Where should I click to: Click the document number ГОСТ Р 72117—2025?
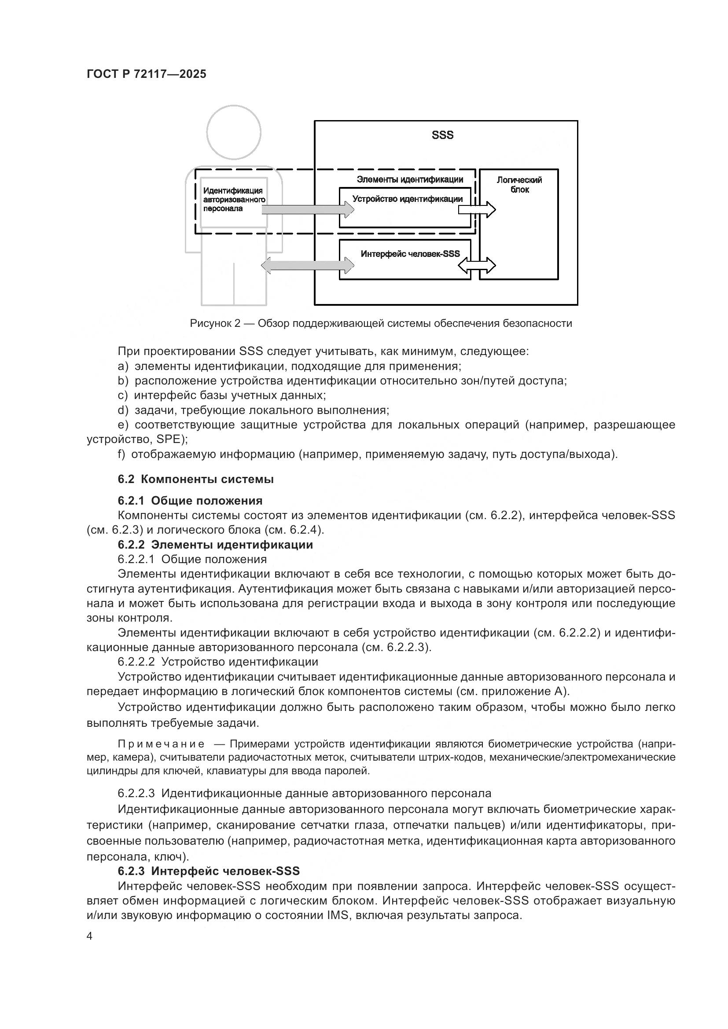point(146,74)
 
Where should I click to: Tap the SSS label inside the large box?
point(442,135)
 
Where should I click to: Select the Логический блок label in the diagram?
point(519,185)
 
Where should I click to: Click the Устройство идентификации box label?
point(407,199)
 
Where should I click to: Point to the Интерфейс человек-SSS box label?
point(410,254)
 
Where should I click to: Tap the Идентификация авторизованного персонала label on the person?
point(234,199)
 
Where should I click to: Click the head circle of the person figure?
point(234,132)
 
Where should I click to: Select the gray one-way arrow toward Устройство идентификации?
point(307,209)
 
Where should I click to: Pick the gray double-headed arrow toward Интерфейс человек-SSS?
point(307,265)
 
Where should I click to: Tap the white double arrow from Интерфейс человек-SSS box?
point(477,265)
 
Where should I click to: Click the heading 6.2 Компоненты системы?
point(195,480)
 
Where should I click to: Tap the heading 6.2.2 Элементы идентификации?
point(215,545)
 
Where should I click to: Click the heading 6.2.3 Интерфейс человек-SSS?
point(209,871)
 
